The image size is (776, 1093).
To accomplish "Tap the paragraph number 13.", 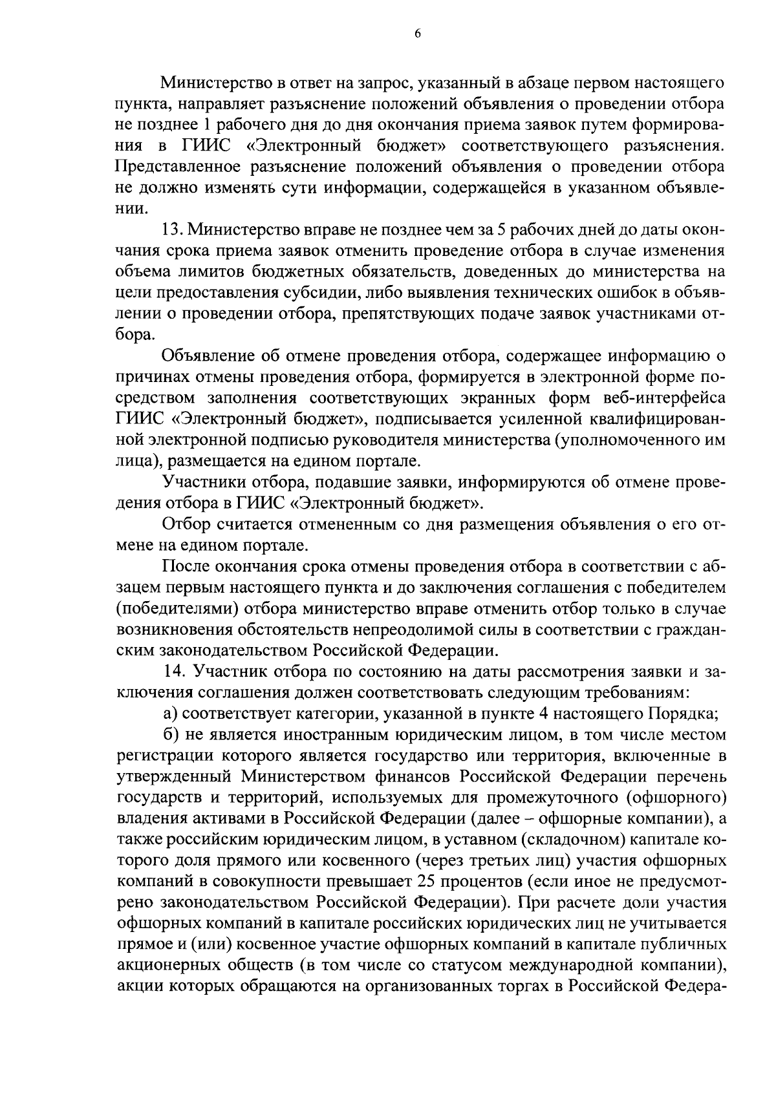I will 173,229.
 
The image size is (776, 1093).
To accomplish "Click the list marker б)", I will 170,735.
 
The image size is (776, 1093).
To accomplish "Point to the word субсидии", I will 323,293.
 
